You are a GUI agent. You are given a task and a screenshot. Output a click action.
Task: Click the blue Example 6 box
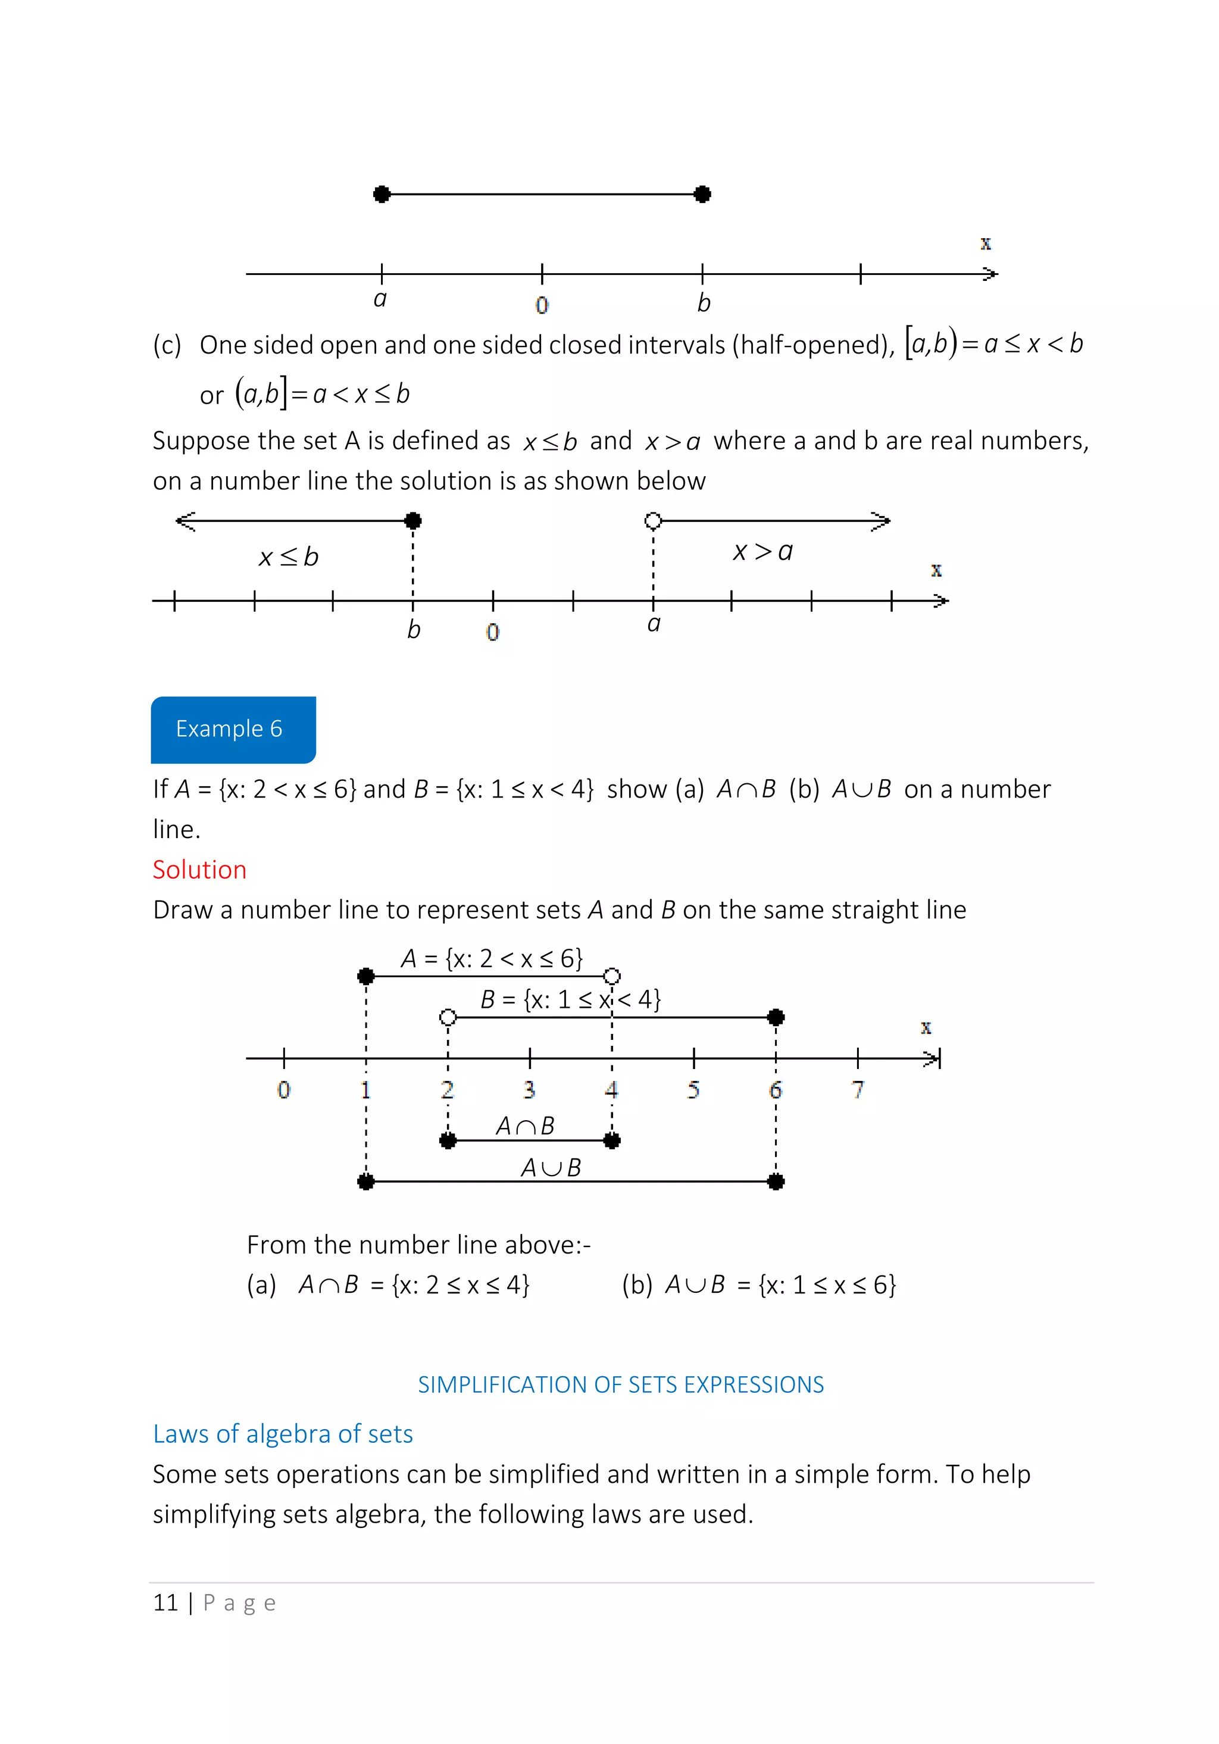click(x=233, y=729)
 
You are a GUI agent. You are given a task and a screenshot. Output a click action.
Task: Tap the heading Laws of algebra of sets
click(x=283, y=1433)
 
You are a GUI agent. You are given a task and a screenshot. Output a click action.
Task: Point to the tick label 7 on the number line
click(x=858, y=1089)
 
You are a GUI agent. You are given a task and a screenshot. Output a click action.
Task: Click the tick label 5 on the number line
click(x=693, y=1089)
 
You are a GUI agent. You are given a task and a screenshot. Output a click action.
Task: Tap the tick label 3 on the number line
click(x=529, y=1089)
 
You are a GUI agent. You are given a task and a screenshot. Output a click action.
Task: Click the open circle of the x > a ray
click(x=652, y=520)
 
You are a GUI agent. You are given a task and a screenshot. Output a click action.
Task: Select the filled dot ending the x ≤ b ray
click(x=412, y=520)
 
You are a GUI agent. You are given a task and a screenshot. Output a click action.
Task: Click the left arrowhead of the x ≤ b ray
click(x=185, y=520)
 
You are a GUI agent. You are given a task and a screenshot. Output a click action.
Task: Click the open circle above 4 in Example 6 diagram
click(x=612, y=976)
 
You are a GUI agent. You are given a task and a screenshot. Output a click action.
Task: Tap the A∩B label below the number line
click(x=525, y=1126)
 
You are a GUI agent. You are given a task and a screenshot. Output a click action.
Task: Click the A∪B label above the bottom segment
click(x=551, y=1167)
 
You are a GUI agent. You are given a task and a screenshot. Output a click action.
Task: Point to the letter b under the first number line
click(x=704, y=303)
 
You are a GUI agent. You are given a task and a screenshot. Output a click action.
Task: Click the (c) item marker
click(x=167, y=345)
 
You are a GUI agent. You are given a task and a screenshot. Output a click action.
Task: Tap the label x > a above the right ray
click(x=762, y=551)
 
